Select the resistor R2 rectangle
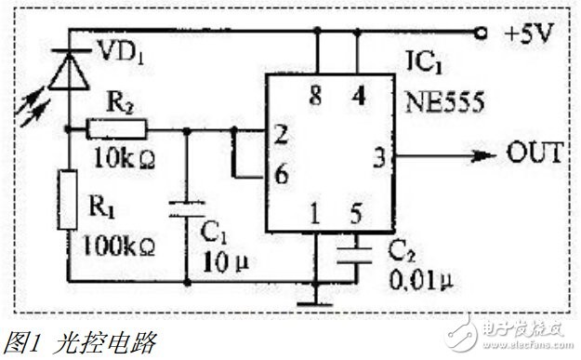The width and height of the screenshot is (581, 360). coord(117,129)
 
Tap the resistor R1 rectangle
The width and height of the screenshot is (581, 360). coord(68,200)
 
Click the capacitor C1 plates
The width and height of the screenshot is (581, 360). coord(187,208)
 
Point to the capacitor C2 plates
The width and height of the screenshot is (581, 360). coord(355,256)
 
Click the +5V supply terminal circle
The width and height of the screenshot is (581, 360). coord(481,33)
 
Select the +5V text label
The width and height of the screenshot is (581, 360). coord(529,33)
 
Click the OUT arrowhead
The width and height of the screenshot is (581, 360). coord(483,155)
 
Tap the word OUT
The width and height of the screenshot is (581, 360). coord(535,153)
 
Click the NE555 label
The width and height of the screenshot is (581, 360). coord(444,102)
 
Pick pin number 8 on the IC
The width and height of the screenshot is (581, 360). coord(315,96)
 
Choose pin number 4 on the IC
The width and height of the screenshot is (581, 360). coord(358,96)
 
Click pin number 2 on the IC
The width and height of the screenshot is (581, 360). coord(282,134)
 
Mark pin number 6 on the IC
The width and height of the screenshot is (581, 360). coord(282,174)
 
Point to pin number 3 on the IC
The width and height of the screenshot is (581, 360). coord(379,157)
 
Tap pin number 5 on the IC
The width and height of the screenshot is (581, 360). coord(356,214)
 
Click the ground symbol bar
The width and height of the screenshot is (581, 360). coord(315,305)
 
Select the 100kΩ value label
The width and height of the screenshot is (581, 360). coord(119,246)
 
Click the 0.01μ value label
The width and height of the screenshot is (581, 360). coord(421,279)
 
